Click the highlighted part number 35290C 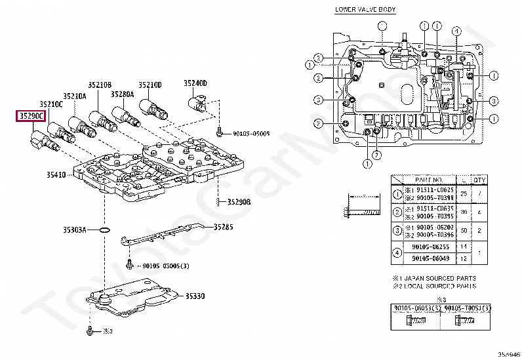(31, 117)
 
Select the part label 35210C (50, 104)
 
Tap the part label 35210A (74, 96)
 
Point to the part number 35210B (100, 85)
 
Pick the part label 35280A (123, 94)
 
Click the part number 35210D (150, 85)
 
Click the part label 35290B (239, 202)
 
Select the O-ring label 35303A (75, 230)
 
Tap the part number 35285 (223, 228)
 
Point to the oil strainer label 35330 (194, 296)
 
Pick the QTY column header (479, 179)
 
